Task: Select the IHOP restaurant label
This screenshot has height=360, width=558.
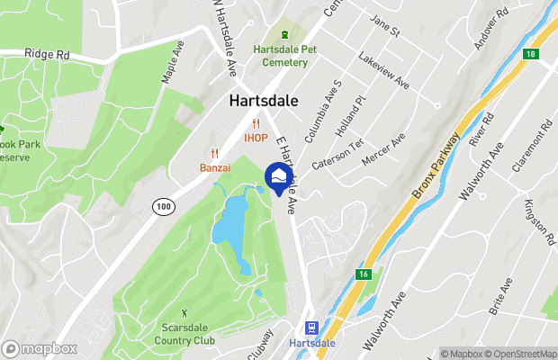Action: point(256,138)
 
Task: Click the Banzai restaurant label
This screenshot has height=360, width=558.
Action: point(215,166)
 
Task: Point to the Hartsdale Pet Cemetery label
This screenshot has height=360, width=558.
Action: point(284,55)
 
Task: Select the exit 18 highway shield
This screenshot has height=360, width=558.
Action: point(534,55)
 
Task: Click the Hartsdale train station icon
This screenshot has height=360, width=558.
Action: point(311,328)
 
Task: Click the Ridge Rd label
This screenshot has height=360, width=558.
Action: point(47,54)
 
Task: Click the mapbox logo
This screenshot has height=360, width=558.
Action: point(39,348)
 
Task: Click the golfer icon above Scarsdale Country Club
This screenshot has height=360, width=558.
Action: point(185,312)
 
